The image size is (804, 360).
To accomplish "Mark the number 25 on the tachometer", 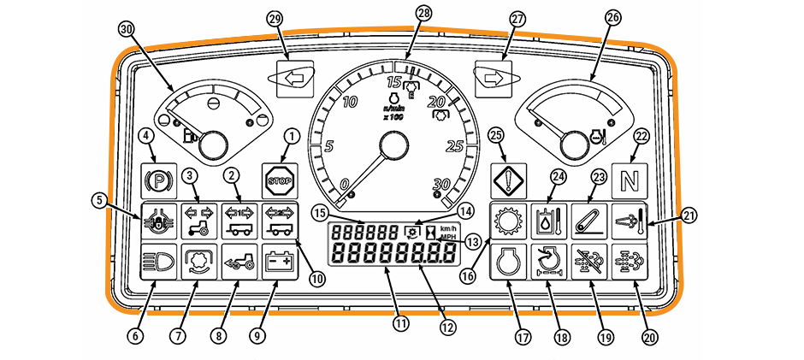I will (x=454, y=146).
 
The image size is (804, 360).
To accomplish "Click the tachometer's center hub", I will (x=392, y=146).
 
